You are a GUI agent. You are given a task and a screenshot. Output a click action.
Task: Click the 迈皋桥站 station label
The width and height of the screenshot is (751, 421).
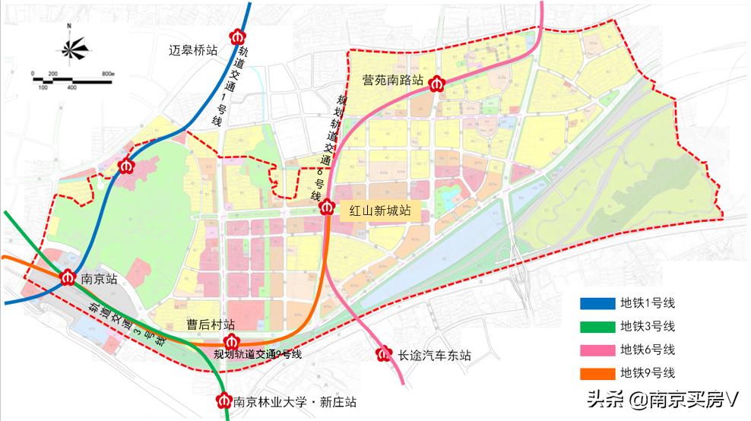194,51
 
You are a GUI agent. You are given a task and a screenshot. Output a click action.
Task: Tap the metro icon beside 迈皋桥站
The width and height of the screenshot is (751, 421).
239,36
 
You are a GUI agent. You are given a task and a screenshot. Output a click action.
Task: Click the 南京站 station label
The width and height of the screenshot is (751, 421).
97,280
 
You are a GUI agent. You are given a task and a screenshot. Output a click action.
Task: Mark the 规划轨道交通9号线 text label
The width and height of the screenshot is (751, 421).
258,354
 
